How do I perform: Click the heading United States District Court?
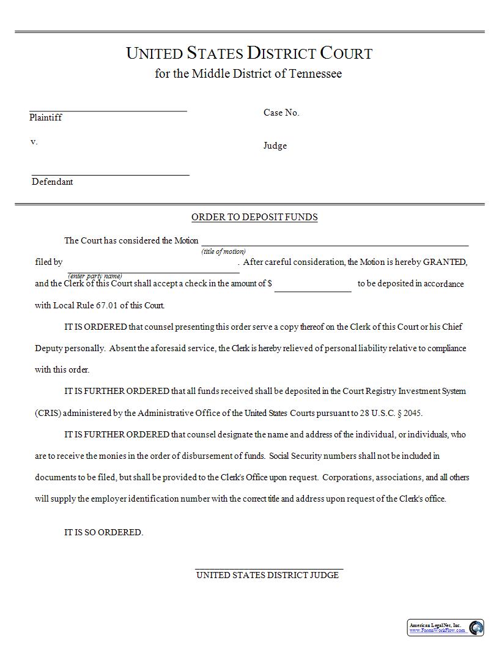[x=249, y=53]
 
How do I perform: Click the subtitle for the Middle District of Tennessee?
[x=248, y=74]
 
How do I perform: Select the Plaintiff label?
[x=45, y=117]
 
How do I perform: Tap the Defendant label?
[x=52, y=182]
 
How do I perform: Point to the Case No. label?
[x=281, y=113]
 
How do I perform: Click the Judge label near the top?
[x=275, y=146]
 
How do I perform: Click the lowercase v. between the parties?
[x=34, y=142]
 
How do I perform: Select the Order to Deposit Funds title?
[x=254, y=217]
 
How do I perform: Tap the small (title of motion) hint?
[x=224, y=251]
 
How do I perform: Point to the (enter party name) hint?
[x=95, y=276]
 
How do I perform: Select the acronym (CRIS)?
[x=48, y=413]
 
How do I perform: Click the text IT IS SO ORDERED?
[x=103, y=532]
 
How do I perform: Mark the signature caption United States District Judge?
[x=267, y=575]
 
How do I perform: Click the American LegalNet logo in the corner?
[x=446, y=627]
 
